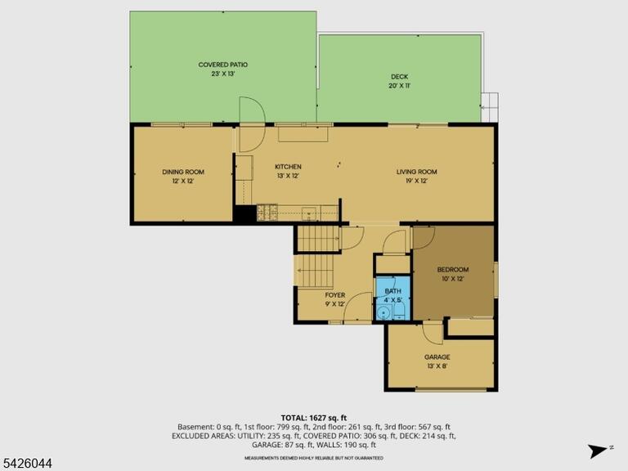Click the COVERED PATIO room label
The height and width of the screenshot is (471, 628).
pos(223,65)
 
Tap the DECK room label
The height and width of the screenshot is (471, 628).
pos(399,77)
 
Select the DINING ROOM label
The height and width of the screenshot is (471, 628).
pos(183,172)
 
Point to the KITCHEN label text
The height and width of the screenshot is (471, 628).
pos(288,167)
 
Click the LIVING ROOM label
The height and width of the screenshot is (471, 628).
pos(416,172)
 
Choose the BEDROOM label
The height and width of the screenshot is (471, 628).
pos(452,270)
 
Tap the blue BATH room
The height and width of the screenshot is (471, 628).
pos(392,298)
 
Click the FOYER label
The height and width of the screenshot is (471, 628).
pos(334,295)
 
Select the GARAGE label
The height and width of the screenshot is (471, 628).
pos(437,357)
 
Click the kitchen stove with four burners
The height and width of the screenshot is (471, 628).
pos(267,213)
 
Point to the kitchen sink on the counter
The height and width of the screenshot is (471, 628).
pos(309,213)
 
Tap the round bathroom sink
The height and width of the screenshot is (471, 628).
pos(385,312)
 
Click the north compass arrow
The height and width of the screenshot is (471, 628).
pos(598,451)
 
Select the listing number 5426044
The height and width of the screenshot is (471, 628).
pos(26,464)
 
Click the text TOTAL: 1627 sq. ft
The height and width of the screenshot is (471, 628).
pos(314,419)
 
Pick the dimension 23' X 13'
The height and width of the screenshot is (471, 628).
pos(223,74)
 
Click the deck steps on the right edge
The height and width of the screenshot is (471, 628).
pos(490,107)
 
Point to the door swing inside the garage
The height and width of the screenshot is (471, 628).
pos(433,333)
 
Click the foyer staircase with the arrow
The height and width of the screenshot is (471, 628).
pos(315,271)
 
